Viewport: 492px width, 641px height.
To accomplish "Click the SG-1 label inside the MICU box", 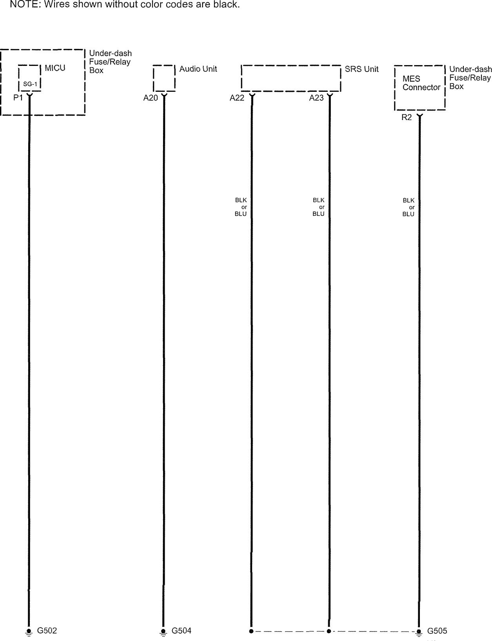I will tap(30, 84).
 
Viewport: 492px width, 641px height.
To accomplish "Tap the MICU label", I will tap(55, 68).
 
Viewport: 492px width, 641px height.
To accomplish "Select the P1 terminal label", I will tap(18, 98).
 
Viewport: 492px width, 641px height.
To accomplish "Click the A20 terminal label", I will tap(151, 98).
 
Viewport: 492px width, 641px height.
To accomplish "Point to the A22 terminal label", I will tap(237, 98).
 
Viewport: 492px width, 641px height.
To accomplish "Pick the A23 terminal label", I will tap(316, 98).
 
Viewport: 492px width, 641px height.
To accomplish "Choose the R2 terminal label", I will tap(407, 117).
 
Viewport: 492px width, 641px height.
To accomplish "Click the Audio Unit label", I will tap(198, 69).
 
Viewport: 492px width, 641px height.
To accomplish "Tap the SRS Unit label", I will tap(361, 69).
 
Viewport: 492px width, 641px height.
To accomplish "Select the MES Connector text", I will tap(421, 83).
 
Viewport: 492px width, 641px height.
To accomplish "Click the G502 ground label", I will tap(47, 630).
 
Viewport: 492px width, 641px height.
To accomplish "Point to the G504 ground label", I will tap(182, 630).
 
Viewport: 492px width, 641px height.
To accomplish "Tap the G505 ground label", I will tap(437, 631).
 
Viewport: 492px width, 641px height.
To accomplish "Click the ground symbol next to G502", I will tap(28, 632).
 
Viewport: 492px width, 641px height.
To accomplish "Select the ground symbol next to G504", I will tap(163, 632).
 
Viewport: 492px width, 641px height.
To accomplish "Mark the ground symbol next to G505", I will tap(419, 632).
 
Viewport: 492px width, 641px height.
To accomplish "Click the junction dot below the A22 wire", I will tap(251, 631).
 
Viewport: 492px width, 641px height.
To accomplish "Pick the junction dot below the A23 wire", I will tap(329, 631).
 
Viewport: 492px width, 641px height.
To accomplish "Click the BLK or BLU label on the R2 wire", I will tap(408, 207).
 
